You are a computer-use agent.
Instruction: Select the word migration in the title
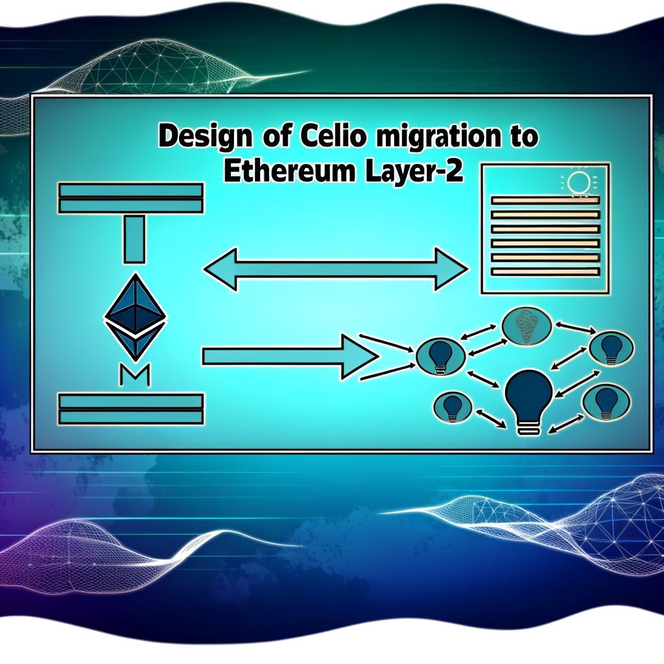coord(429,137)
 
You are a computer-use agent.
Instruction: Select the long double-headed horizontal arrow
coord(336,269)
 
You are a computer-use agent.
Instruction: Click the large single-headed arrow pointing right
coord(290,357)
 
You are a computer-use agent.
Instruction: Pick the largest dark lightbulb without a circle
coord(529,401)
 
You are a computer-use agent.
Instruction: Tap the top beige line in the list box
coord(545,201)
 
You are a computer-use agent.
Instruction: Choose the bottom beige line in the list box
coord(545,272)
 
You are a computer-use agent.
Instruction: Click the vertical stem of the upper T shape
coord(134,239)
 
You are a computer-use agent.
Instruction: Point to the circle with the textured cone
coord(527,326)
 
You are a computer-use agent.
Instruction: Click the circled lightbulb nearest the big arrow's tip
coord(441,356)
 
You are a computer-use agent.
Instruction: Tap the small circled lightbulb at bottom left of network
coord(452,407)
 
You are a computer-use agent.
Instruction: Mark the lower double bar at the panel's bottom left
coord(131,409)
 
